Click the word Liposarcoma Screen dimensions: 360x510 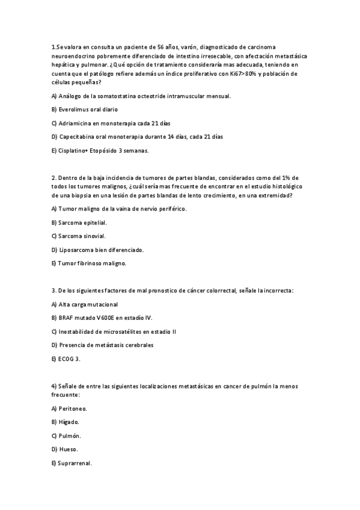point(78,250)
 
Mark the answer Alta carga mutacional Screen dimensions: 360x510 point(85,304)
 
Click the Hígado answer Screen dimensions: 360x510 point(68,422)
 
